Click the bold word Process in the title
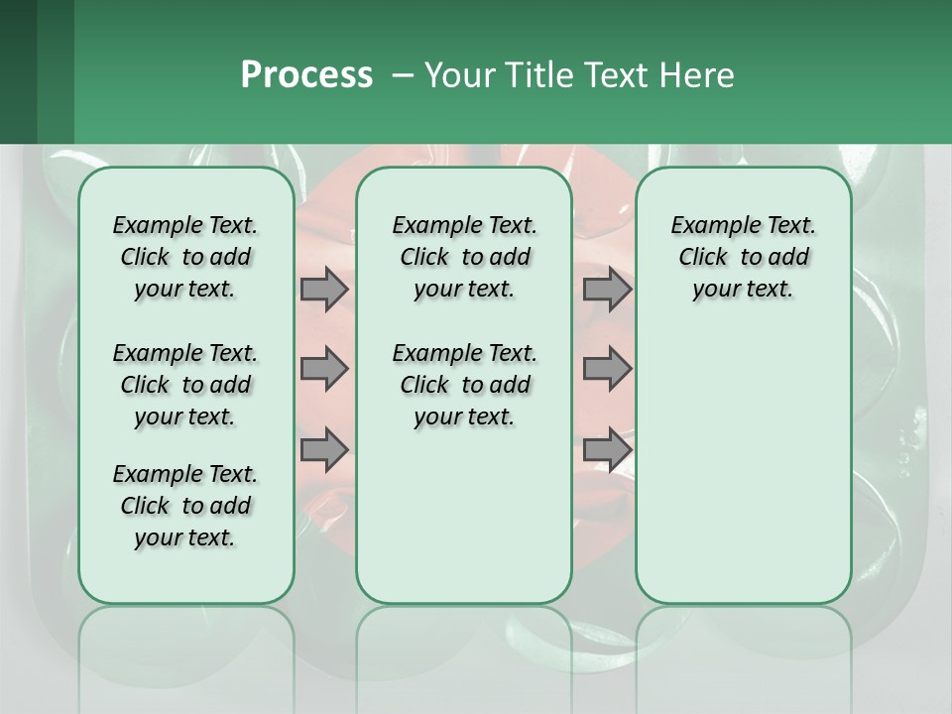(306, 75)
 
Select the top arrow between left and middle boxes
(324, 289)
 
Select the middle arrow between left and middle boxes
(324, 369)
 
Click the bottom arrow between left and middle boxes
(324, 449)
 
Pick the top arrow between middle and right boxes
(607, 289)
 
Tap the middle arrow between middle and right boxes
(607, 369)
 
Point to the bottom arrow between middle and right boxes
(607, 449)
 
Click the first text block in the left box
(185, 257)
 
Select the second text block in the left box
(185, 385)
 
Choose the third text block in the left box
(185, 506)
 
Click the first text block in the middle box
(464, 257)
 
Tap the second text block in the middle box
(464, 385)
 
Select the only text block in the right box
(743, 257)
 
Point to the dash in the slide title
(403, 76)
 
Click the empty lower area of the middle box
(464, 516)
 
